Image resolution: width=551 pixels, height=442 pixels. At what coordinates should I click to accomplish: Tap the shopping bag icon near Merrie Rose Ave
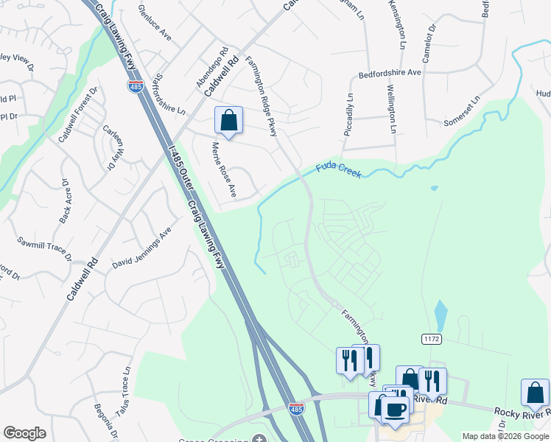[x=228, y=120]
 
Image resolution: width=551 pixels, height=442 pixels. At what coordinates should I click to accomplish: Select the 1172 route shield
[x=432, y=338]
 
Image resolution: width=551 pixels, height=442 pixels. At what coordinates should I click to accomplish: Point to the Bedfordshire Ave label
[x=389, y=74]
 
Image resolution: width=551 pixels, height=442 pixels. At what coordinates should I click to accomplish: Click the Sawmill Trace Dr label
[x=46, y=248]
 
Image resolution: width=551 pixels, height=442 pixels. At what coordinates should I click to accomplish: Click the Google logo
[x=24, y=433]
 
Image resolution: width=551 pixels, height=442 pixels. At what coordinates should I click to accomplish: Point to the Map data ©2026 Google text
[x=505, y=436]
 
